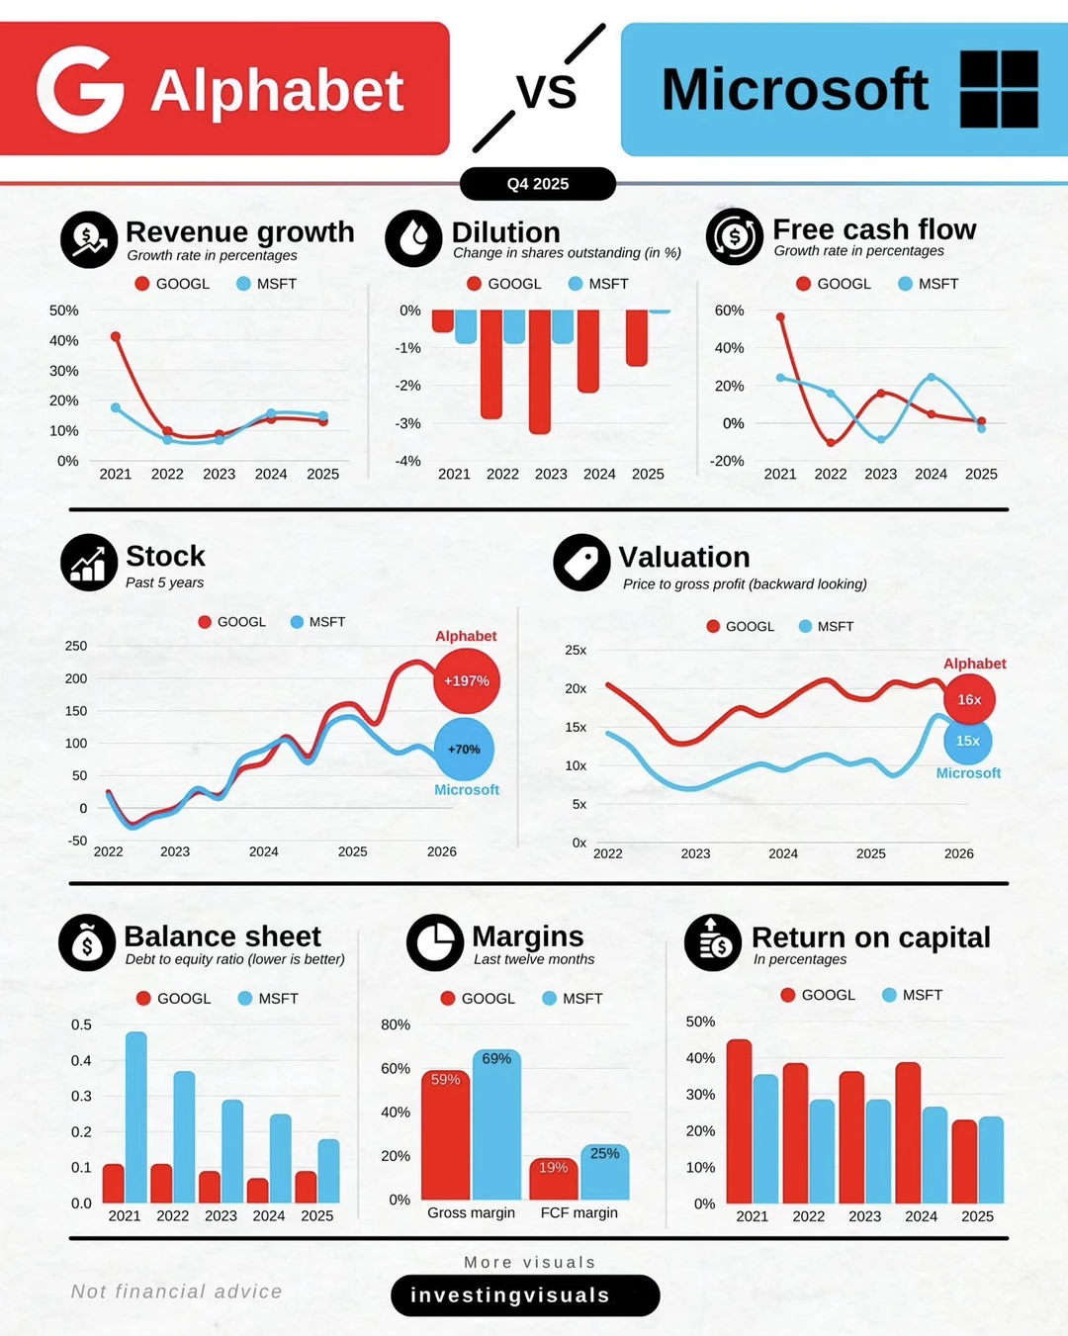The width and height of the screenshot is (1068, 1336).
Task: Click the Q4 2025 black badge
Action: [537, 184]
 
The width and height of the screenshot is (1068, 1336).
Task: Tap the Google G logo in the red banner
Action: [80, 89]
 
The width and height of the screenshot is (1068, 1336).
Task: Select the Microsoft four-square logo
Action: [999, 89]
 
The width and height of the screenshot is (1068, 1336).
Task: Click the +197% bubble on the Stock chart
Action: [467, 681]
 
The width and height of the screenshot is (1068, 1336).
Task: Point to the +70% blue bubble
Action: [464, 750]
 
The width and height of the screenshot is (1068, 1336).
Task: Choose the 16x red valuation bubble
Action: [969, 699]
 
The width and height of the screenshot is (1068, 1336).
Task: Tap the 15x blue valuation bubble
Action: [967, 741]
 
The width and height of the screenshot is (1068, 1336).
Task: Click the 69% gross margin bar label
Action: [496, 1059]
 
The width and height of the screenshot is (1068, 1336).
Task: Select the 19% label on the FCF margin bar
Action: [553, 1168]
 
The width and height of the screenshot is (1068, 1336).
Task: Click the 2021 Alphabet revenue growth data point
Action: [116, 337]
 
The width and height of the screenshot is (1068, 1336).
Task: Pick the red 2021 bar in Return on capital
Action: [739, 1121]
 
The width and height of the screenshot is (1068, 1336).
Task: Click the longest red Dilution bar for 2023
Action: [539, 372]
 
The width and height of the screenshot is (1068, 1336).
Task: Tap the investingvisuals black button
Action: [524, 1295]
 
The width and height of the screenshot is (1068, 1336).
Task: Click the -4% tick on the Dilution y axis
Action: [408, 461]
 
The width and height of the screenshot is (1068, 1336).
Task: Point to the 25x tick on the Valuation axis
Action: [576, 650]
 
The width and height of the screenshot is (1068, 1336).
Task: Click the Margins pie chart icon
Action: [435, 942]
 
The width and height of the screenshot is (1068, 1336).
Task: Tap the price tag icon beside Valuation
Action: [581, 563]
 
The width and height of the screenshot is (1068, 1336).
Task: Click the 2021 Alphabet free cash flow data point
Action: [780, 317]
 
